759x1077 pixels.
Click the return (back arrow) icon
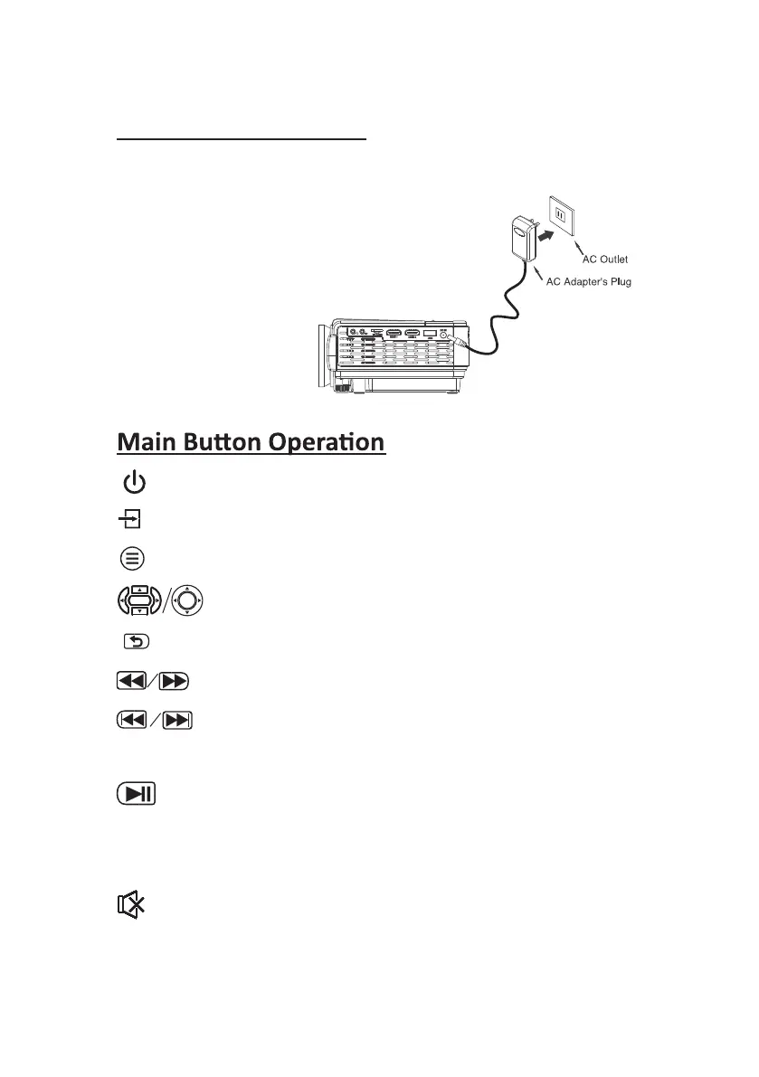pyautogui.click(x=134, y=641)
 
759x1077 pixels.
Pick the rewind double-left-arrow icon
pyautogui.click(x=134, y=681)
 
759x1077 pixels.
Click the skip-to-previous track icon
pyautogui.click(x=134, y=721)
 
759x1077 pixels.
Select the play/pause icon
pyautogui.click(x=137, y=794)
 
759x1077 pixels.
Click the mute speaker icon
pyautogui.click(x=132, y=904)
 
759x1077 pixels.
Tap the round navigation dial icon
pyautogui.click(x=186, y=600)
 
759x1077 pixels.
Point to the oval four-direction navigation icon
pyautogui.click(x=138, y=600)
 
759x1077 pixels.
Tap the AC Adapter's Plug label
pyautogui.click(x=588, y=282)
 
